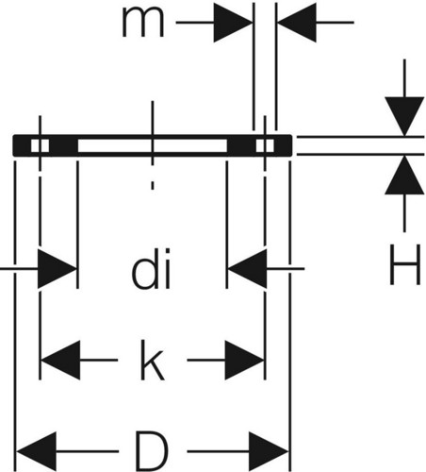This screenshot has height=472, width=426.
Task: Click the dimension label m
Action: [x=143, y=23]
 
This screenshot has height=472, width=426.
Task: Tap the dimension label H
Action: [x=404, y=265]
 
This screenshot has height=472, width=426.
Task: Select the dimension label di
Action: [x=151, y=268]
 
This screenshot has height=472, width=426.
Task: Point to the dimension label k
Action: [x=152, y=361]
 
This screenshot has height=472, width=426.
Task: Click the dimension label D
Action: [x=152, y=451]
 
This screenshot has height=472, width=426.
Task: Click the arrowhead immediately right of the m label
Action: [x=234, y=23]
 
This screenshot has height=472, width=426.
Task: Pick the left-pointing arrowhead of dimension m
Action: [x=297, y=23]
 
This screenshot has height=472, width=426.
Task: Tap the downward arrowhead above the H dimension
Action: [x=404, y=116]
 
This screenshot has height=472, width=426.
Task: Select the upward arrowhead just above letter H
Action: [x=404, y=175]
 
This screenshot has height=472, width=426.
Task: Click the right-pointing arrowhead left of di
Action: [x=57, y=268]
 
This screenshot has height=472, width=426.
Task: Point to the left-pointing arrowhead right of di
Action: [x=247, y=268]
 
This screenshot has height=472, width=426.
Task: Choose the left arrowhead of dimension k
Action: [x=60, y=360]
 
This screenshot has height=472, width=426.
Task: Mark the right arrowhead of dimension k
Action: [x=244, y=360]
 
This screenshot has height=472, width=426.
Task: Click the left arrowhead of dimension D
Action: [x=37, y=451]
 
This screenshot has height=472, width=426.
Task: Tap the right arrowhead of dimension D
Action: [x=269, y=451]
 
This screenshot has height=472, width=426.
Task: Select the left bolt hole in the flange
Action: [x=40, y=145]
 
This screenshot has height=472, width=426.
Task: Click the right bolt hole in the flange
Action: [x=265, y=145]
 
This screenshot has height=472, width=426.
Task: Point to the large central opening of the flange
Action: [x=152, y=145]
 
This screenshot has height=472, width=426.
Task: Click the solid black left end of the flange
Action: [x=22, y=145]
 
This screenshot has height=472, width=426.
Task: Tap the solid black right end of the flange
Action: [x=283, y=145]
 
